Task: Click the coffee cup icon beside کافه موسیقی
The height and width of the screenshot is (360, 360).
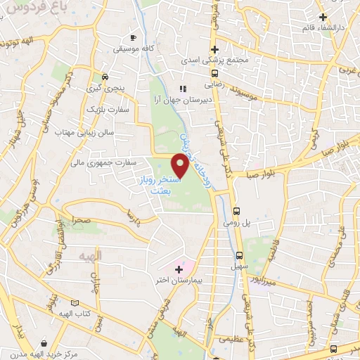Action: [x=134, y=37]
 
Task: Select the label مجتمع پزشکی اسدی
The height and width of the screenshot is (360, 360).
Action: [x=215, y=61]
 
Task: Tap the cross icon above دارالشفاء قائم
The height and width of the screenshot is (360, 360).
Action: [x=323, y=17]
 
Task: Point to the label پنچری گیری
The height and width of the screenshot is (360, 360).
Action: [x=103, y=89]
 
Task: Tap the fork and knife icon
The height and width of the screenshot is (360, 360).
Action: [x=183, y=89]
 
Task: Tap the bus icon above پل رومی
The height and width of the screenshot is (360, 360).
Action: [x=238, y=210]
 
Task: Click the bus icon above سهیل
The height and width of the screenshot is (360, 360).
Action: [x=240, y=256]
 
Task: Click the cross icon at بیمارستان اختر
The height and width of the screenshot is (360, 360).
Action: [x=179, y=269]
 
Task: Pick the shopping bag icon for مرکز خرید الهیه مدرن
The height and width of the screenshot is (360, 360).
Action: [x=45, y=342]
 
